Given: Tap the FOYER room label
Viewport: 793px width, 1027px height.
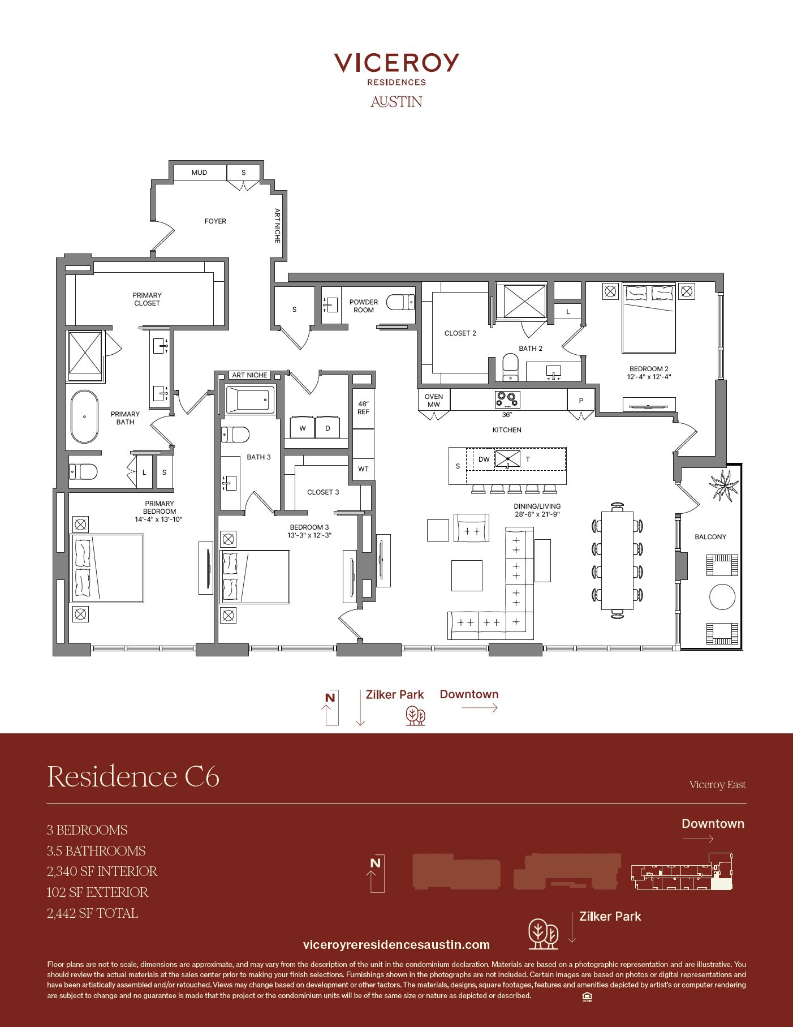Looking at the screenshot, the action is (x=215, y=221).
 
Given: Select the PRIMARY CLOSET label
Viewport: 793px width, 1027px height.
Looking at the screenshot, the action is (x=147, y=299).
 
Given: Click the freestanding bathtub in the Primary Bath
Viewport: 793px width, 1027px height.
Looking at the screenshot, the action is (x=84, y=416).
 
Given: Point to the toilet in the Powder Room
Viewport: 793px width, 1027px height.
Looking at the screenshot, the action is (x=401, y=302).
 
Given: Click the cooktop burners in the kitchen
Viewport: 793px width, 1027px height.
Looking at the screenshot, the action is (x=507, y=399).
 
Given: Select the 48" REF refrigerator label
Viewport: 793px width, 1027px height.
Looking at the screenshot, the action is (x=363, y=408).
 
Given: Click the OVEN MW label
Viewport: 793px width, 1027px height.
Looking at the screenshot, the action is (x=434, y=401).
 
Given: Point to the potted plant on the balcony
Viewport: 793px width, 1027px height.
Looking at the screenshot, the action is (x=723, y=485).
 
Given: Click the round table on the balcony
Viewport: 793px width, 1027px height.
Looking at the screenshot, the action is (x=722, y=597).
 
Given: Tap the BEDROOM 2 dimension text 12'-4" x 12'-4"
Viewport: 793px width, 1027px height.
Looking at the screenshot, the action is (x=649, y=377).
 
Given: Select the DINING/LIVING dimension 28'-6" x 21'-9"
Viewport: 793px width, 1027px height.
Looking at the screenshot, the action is (x=537, y=515).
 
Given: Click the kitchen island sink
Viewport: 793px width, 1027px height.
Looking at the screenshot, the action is (x=508, y=458).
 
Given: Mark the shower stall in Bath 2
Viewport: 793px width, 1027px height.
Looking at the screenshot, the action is (x=522, y=302).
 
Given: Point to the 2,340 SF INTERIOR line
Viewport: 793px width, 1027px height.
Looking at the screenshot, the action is (x=102, y=871).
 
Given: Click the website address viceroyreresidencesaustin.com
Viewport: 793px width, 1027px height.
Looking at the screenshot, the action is (x=396, y=944).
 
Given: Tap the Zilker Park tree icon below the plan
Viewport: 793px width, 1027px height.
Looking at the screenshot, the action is (x=415, y=716).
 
